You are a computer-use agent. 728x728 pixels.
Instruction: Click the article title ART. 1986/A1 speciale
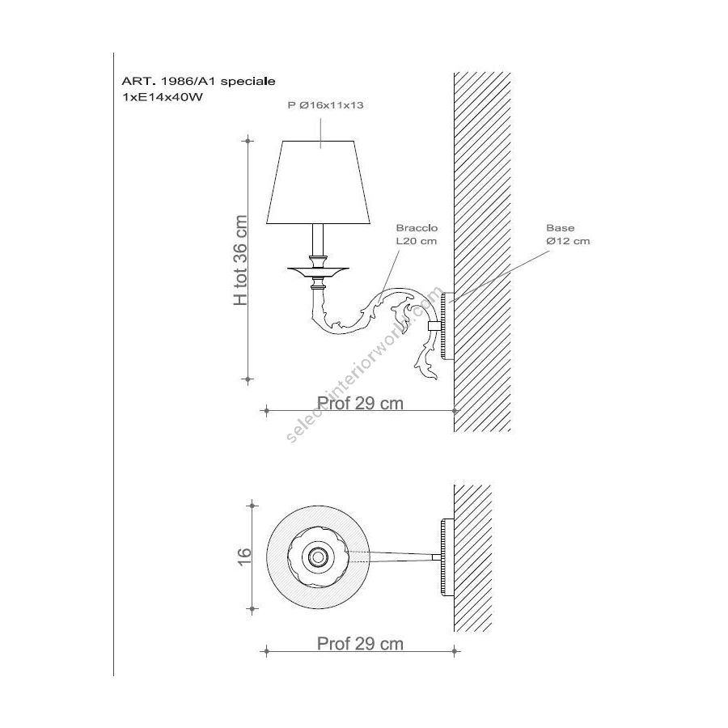coord(198,81)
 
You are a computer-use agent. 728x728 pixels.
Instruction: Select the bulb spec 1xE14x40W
coord(162,98)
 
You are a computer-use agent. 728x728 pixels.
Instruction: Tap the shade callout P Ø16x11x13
coord(325,105)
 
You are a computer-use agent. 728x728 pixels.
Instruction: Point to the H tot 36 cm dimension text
coord(240,260)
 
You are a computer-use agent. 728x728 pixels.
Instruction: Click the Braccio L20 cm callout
coord(417,235)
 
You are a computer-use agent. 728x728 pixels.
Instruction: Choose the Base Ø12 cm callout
coord(568,235)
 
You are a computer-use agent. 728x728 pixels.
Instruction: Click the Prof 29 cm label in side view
coord(360,403)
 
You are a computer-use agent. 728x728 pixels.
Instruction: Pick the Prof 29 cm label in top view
coord(360,644)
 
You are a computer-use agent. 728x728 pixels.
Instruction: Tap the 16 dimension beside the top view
coord(244,557)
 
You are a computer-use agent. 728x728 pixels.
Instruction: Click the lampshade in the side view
coord(318,182)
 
